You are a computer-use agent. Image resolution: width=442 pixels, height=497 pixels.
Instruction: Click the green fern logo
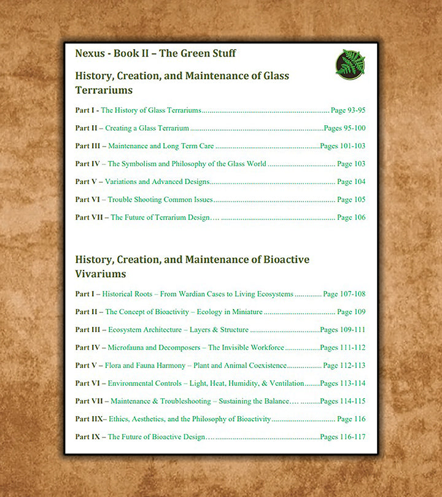(351, 64)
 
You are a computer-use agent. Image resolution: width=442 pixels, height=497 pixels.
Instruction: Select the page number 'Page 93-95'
(348, 111)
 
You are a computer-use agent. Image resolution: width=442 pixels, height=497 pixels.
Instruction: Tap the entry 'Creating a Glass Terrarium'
(147, 129)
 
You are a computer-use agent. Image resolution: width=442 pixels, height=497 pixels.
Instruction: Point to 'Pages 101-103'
(343, 147)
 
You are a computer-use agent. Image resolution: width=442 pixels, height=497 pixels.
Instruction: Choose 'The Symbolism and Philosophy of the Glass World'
(187, 164)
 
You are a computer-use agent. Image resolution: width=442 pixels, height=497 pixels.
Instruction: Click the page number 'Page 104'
(351, 182)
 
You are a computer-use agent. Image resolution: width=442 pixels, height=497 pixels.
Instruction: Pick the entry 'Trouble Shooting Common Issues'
(160, 200)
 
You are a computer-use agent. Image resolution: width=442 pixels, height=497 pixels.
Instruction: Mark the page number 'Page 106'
(351, 218)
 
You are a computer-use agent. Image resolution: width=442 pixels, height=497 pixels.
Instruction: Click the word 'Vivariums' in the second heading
(101, 274)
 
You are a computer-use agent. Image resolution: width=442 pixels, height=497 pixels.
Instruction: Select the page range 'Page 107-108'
(344, 295)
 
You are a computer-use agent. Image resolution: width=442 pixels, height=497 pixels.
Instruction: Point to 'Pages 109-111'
(343, 330)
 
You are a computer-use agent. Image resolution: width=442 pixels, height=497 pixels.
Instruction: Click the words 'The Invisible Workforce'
(246, 348)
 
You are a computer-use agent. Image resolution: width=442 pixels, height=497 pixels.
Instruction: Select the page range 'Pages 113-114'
(343, 383)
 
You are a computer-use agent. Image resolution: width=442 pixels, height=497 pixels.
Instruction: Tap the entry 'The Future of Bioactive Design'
(157, 437)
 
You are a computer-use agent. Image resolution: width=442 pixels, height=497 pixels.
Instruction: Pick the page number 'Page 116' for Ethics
(351, 420)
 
